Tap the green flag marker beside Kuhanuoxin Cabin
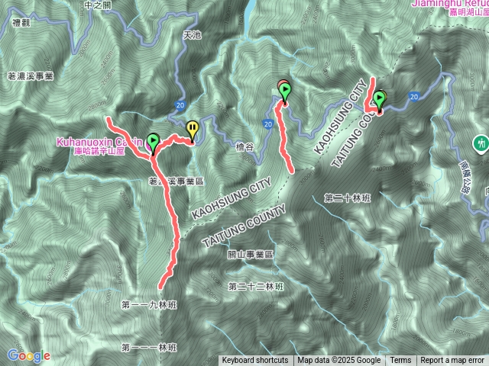[x=153, y=142]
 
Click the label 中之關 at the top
[x=99, y=5]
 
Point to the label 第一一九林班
[x=148, y=304]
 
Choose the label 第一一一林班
[x=148, y=347]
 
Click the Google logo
[x=28, y=355]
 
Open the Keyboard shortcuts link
[x=255, y=361]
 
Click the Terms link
[x=400, y=361]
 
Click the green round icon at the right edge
[x=481, y=143]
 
